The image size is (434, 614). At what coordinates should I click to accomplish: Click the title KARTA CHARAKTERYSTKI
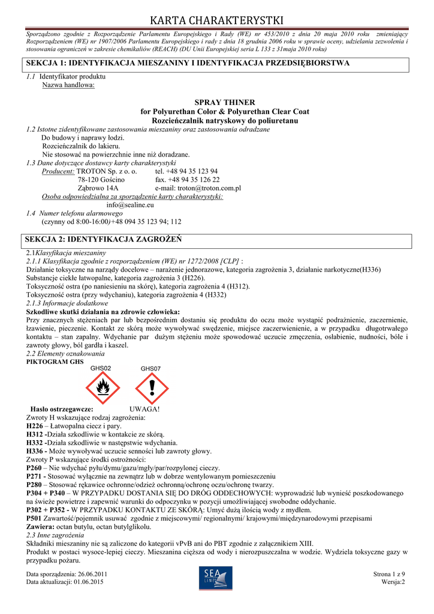216,22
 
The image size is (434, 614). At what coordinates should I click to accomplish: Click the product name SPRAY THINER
225,103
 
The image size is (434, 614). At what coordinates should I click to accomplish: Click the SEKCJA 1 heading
186,63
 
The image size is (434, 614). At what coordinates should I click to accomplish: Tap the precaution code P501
35,517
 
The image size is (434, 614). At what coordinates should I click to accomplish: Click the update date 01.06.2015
89,582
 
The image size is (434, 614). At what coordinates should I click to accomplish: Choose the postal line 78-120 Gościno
101,179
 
